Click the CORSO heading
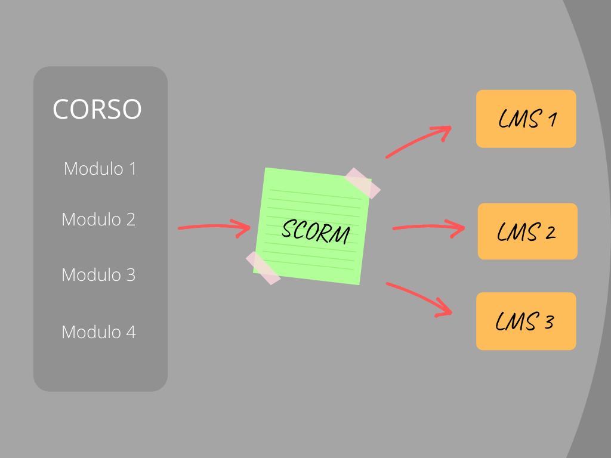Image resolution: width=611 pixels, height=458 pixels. coord(97,109)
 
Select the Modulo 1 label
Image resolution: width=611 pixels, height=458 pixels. coord(100,169)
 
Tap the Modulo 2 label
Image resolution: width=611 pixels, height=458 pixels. coord(98,219)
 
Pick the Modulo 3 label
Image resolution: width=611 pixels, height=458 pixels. coord(98,274)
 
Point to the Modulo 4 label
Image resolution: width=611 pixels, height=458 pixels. coord(99,332)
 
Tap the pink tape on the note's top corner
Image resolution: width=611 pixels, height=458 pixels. coord(362,183)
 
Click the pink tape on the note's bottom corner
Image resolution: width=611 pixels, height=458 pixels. coord(263,268)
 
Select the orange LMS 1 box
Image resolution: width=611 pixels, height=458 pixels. coord(526,119)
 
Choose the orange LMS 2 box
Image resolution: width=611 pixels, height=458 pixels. coord(527,231)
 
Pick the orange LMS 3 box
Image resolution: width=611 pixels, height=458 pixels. coord(526,321)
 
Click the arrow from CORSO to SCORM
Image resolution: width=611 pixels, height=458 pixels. coord(214,226)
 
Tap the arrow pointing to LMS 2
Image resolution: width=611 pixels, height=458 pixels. coord(428,226)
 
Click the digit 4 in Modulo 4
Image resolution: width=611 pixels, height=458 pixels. coord(131,332)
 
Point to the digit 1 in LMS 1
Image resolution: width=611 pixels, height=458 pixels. coord(553,119)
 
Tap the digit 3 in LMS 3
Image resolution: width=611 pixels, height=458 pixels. coord(549,322)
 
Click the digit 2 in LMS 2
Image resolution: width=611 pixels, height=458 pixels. coord(550,233)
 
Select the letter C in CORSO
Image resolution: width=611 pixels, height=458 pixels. coord(61,109)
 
